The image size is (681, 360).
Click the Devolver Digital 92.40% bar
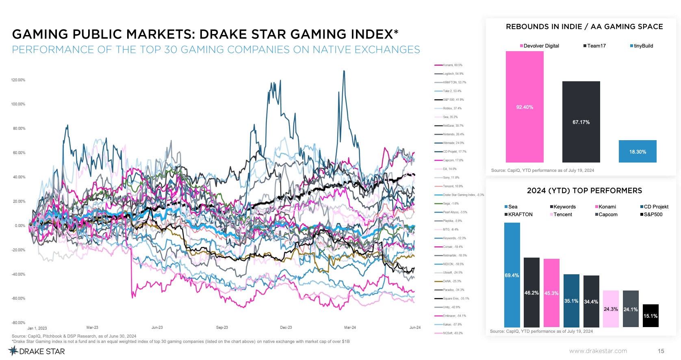point(525,107)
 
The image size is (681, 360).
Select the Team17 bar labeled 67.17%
point(581,122)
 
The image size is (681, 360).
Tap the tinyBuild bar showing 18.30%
point(638,152)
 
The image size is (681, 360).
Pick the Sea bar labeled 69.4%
point(512,275)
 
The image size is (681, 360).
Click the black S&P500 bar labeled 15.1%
point(651,316)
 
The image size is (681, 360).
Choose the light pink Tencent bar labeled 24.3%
point(611,309)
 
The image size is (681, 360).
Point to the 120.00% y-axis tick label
point(18,80)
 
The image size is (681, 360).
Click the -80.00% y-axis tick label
point(18,323)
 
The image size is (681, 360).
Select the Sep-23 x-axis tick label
point(222,327)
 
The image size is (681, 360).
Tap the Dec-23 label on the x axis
point(286,327)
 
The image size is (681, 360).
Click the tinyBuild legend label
point(643,46)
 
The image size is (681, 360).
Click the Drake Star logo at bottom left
point(37,351)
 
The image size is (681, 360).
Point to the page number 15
point(661,351)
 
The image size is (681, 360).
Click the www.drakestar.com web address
point(598,351)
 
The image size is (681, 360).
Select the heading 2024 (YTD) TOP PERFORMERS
point(584,191)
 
